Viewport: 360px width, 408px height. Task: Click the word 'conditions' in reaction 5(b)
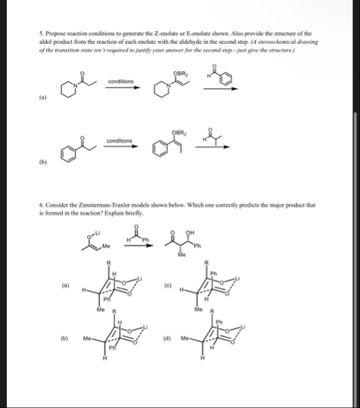(x=119, y=141)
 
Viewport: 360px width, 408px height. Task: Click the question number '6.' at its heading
(x=40, y=205)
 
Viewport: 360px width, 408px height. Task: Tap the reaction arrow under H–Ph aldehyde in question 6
(x=138, y=240)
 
